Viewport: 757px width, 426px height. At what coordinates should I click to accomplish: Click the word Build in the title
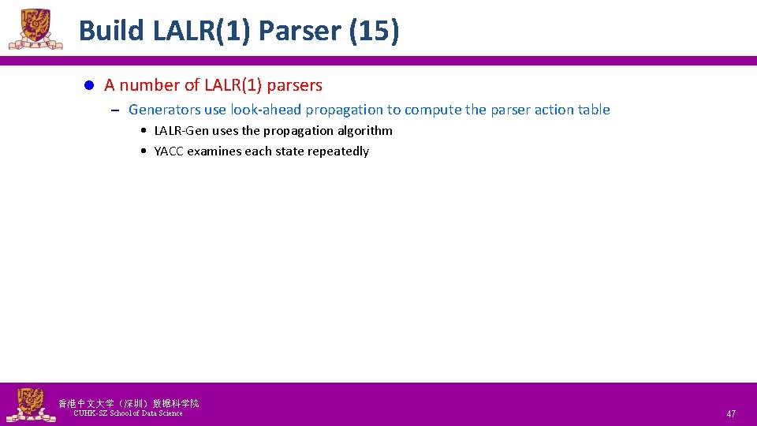112,31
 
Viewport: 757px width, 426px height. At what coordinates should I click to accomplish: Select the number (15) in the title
372,31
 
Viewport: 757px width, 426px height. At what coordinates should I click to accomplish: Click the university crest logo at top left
35,29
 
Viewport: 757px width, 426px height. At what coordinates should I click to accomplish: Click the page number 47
731,414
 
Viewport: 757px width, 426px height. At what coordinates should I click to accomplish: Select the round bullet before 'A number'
89,85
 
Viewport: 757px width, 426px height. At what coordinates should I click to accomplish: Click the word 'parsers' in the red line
296,85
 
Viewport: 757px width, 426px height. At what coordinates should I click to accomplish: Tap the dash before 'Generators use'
114,110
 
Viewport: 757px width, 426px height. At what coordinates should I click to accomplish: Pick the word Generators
164,110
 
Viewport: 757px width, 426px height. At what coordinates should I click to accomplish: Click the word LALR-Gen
181,131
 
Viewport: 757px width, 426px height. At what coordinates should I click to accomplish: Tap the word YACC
169,151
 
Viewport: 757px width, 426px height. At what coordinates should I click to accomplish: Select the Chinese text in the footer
129,403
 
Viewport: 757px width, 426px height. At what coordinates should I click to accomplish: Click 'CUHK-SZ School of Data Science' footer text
128,413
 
